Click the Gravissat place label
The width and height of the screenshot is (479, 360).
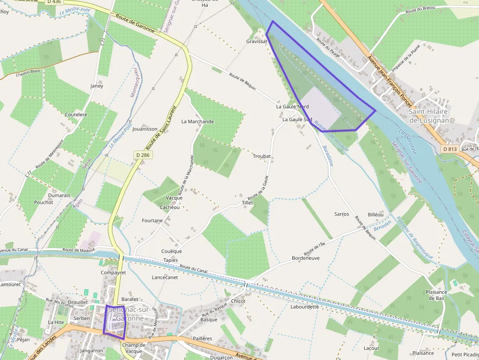(257, 42)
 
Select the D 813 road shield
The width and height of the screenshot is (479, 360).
(450, 148)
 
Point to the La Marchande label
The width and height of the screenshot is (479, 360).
(197, 121)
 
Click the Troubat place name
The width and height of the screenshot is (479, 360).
(261, 156)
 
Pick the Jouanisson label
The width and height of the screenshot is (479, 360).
(145, 129)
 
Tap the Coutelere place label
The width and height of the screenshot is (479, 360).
(76, 115)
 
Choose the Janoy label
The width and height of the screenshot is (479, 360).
(97, 86)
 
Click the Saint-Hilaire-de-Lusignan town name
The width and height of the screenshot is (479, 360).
(429, 115)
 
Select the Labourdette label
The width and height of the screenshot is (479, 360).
(305, 307)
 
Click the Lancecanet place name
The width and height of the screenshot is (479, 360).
(165, 277)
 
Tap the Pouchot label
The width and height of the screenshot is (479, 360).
(43, 202)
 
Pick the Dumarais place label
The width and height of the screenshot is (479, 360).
(59, 195)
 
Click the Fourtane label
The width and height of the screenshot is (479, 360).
(152, 220)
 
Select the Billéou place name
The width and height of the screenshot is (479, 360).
(376, 214)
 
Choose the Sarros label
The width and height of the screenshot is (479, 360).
(342, 214)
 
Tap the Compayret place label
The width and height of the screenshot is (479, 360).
(113, 273)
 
